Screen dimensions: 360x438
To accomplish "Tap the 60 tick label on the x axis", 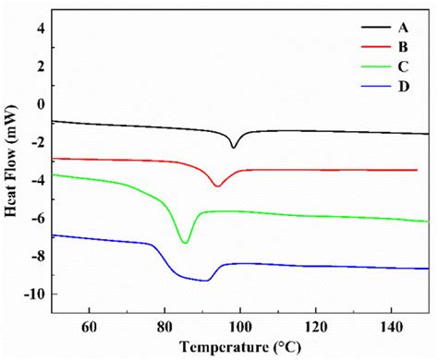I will pos(90,325).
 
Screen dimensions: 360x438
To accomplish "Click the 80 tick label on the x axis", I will pos(164,325).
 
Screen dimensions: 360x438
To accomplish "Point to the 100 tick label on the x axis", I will pos(240,325).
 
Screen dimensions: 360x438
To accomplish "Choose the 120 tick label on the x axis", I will pos(315,325).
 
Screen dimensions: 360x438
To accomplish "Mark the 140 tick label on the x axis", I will pos(391,325).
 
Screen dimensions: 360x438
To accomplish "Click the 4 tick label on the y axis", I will pos(41,28).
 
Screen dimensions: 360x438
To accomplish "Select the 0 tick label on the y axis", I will pos(41,104).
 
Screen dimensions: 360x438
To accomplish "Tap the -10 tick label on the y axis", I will pos(35,294).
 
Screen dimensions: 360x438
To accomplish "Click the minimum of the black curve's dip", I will pos(234,147).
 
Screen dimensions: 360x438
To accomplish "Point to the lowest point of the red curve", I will pos(217,186).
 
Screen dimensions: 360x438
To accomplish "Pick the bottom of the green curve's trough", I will pos(186,243).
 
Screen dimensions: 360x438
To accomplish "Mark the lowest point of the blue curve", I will pos(207,280).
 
